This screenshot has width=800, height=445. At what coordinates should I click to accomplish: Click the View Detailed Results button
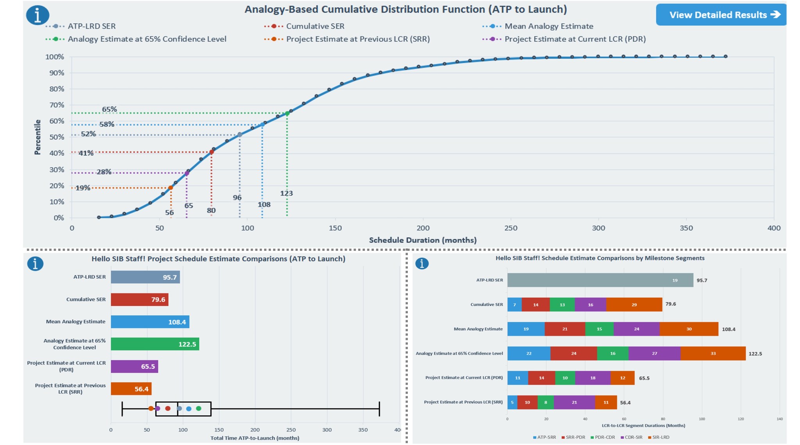[721, 15]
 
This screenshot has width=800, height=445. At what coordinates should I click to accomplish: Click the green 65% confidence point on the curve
[287, 113]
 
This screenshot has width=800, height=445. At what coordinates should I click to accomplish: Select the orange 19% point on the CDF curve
[171, 188]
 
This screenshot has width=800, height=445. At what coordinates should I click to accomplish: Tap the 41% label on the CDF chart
[86, 153]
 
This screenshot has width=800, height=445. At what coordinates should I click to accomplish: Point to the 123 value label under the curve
[286, 193]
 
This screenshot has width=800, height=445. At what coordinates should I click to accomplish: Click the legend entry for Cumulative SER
[315, 26]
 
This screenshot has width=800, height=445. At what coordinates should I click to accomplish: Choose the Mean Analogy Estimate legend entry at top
[548, 26]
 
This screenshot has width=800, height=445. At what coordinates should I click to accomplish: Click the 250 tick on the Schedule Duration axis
[511, 228]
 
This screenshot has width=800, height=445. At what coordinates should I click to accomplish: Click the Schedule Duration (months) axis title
[423, 240]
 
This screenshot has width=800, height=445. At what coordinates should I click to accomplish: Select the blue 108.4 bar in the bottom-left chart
[150, 322]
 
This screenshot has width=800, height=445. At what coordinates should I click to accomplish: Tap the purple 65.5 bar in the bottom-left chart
[134, 366]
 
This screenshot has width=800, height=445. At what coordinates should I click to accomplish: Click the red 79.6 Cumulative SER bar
[139, 300]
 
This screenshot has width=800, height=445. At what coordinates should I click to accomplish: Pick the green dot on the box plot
[198, 409]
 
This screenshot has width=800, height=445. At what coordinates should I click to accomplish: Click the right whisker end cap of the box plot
[379, 409]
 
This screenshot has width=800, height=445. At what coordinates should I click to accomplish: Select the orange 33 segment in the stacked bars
[713, 354]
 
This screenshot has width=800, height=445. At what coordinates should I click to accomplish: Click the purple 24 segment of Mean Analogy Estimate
[636, 329]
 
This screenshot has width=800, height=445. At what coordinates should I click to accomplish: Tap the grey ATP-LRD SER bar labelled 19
[600, 280]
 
